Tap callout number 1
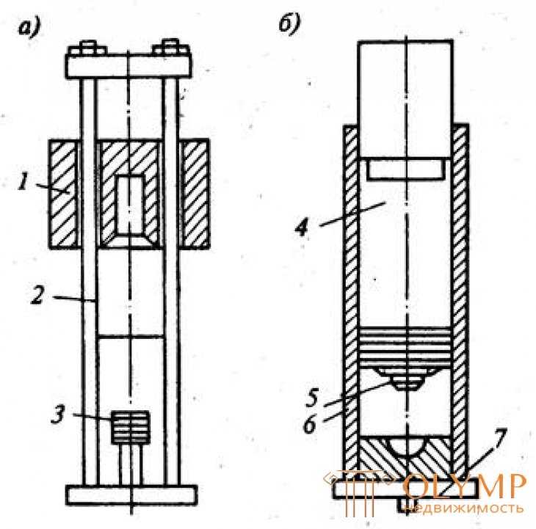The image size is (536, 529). tap(23, 181)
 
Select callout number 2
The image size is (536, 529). tap(37, 295)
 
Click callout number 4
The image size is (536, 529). tap(302, 227)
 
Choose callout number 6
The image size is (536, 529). tap(311, 425)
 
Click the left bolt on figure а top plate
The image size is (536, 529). tap(87, 48)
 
